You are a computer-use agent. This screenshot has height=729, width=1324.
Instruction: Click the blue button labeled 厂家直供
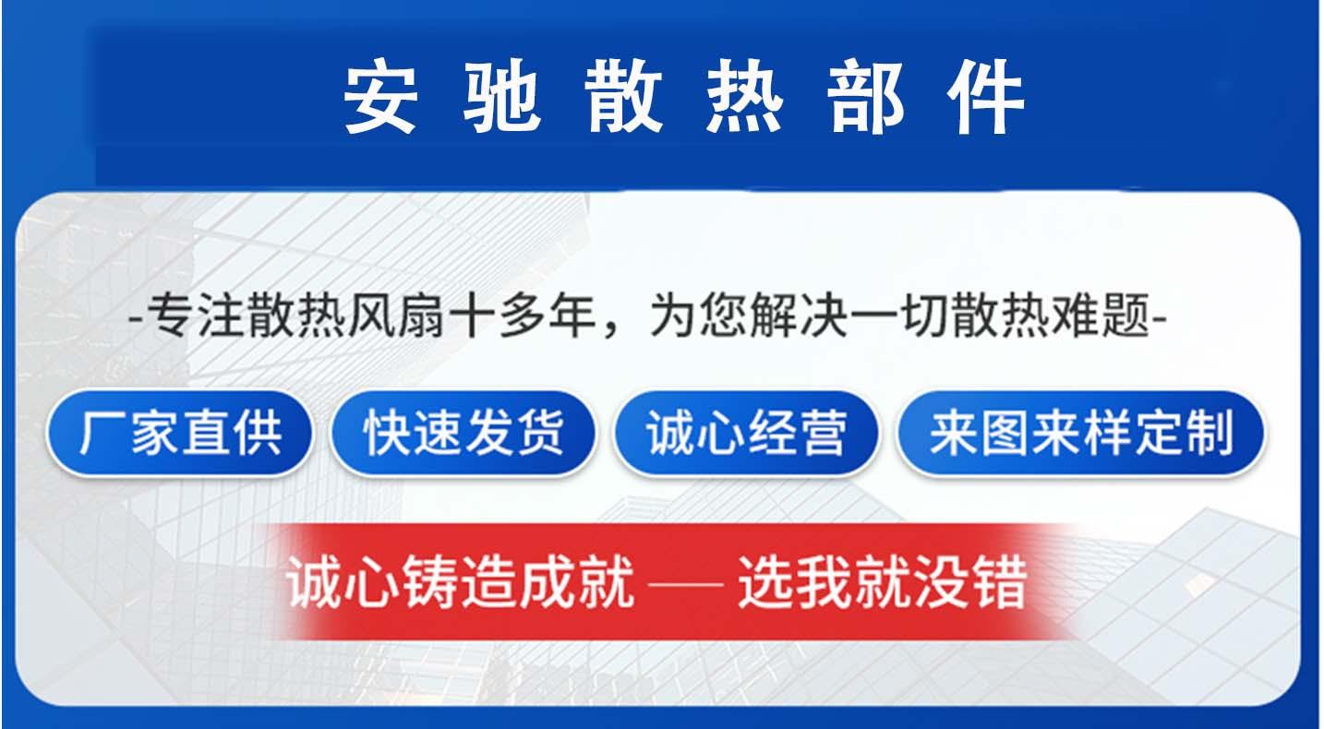click(181, 433)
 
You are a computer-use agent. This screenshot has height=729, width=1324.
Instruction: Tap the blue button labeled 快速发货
click(463, 433)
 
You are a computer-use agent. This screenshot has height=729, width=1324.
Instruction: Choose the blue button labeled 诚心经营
click(746, 433)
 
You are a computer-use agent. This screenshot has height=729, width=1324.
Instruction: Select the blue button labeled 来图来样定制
click(1081, 433)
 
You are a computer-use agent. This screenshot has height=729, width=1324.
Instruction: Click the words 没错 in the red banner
click(988, 581)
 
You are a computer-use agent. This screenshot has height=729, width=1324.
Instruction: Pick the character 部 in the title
click(865, 98)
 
